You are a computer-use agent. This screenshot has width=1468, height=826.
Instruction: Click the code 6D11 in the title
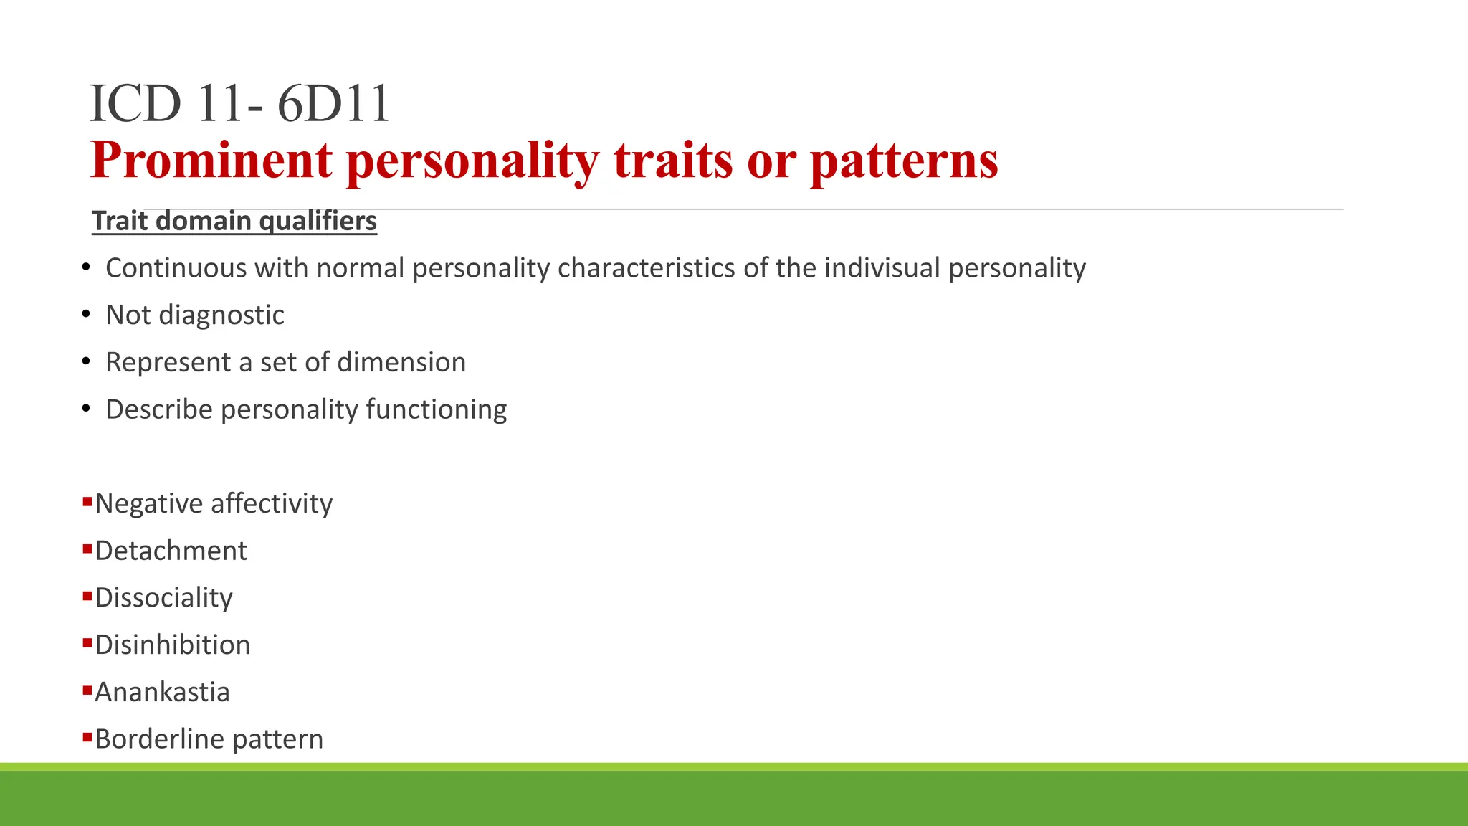coord(333,104)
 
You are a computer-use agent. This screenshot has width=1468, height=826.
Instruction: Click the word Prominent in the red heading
coord(211,160)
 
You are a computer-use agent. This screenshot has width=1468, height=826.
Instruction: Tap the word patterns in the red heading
coord(904,160)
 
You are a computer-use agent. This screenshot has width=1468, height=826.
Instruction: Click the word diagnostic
coord(221,315)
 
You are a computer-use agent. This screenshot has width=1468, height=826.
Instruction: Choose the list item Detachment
coord(171,551)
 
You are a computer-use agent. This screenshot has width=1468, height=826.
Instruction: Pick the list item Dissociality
coord(163,598)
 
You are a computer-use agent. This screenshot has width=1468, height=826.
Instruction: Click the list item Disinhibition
coord(172,645)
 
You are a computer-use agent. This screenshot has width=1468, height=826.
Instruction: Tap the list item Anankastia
coord(162,692)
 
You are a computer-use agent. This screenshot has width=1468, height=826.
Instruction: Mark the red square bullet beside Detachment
coord(87,549)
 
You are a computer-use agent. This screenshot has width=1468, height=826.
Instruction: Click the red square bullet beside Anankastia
coord(87,690)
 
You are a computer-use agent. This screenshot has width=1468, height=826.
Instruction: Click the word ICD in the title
coord(135,104)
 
